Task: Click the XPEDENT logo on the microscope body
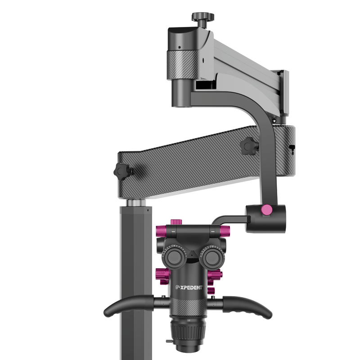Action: click(x=189, y=287)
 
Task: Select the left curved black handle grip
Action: click(x=129, y=306)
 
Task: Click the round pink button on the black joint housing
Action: click(x=266, y=210)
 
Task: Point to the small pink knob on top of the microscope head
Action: click(x=176, y=222)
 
